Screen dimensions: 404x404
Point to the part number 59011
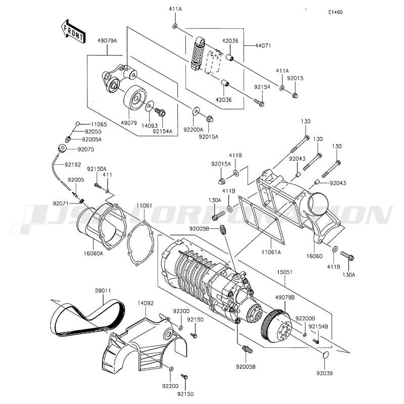click(x=103, y=291)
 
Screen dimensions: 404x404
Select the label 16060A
click(x=93, y=254)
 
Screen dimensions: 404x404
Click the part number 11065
click(x=85, y=124)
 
